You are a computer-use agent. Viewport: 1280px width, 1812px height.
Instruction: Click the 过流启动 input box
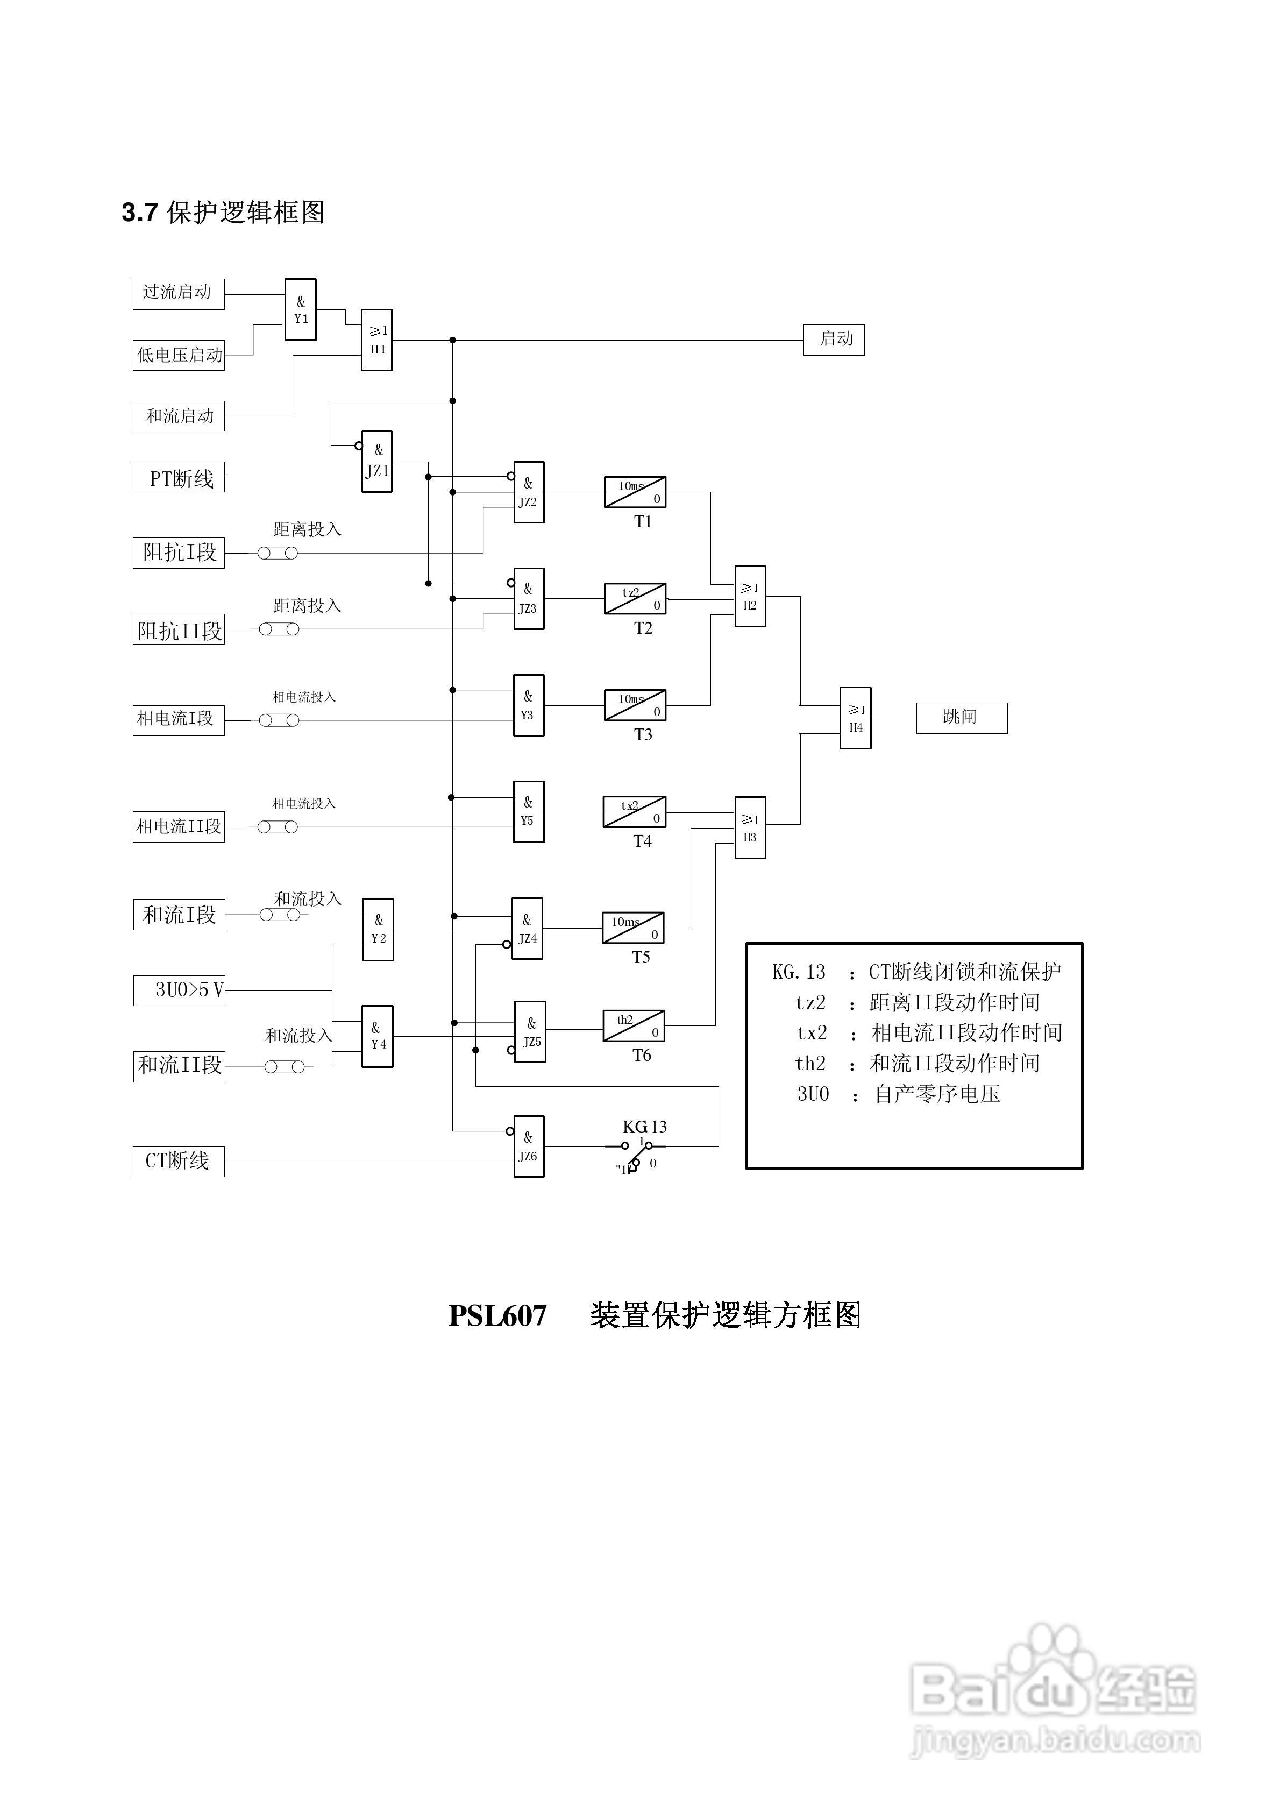tap(179, 294)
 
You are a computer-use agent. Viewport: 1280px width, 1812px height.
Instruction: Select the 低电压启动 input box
tap(179, 355)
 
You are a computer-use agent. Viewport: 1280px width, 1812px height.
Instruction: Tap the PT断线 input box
tap(179, 477)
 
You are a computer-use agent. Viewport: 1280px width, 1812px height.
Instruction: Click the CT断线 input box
tap(179, 1162)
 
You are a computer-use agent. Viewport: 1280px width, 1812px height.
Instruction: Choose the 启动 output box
tap(833, 340)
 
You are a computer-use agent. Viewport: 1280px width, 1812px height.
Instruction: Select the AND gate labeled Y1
tap(301, 309)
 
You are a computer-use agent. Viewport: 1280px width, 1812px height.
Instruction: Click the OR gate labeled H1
tap(376, 340)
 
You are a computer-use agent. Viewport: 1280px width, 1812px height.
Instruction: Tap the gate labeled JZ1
tap(377, 462)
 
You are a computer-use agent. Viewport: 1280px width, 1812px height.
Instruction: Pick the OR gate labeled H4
tap(856, 718)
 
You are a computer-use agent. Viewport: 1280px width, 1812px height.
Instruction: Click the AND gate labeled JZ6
tap(529, 1146)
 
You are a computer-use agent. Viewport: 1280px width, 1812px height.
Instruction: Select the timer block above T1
tap(635, 492)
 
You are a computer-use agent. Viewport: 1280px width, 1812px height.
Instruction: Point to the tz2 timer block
tap(635, 599)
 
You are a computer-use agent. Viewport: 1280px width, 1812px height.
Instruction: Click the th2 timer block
tap(634, 1026)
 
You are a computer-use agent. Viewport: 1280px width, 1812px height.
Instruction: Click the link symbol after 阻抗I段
tap(278, 553)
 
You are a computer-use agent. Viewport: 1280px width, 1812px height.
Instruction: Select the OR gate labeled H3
tap(750, 828)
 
